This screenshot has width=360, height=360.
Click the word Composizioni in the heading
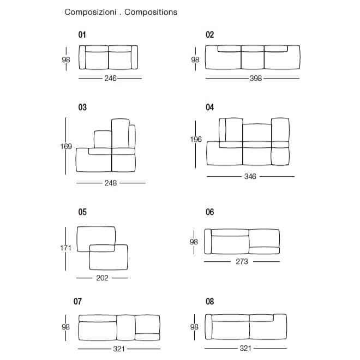click(90, 12)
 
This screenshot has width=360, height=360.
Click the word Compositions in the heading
click(151, 12)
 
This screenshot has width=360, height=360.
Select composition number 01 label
click(82, 35)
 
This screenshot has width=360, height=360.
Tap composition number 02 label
click(210, 35)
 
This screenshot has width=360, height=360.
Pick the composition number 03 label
click(82, 107)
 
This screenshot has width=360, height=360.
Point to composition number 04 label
click(210, 107)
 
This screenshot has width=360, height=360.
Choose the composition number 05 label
click(82, 212)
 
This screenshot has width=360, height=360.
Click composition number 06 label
click(210, 212)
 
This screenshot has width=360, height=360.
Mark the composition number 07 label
click(77, 301)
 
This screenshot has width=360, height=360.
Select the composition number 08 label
click(210, 301)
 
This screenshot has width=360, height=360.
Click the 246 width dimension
click(110, 79)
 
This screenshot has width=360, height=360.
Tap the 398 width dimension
click(255, 79)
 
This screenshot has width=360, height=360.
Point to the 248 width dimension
click(111, 183)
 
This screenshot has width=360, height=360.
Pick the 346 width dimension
click(250, 177)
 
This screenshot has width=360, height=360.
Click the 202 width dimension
click(102, 278)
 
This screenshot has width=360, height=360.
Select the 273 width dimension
click(242, 262)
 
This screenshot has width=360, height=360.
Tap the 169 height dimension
click(66, 146)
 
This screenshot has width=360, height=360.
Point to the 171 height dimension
click(66, 248)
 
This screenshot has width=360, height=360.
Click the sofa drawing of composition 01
click(108, 57)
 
